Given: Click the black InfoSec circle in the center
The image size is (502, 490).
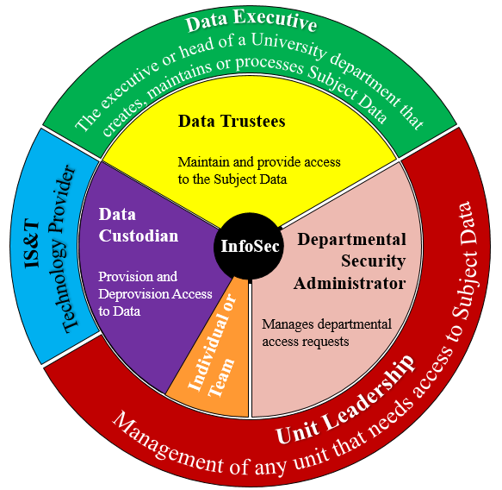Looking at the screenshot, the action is [249, 246].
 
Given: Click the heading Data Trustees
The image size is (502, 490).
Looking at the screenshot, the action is [232, 122].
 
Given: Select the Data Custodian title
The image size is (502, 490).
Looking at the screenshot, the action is [139, 225].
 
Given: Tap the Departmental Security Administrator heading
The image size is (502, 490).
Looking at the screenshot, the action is [350, 261].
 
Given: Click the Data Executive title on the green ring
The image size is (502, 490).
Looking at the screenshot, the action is [251, 20].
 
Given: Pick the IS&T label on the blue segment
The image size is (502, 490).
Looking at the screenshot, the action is [32, 244].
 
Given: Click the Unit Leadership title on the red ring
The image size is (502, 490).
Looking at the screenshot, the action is [346, 401].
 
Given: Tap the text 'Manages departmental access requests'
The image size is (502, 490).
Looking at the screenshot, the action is [326, 333].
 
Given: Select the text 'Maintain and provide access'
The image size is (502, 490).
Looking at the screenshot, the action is [259, 162].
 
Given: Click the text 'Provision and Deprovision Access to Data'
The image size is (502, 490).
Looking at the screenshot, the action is [155, 294].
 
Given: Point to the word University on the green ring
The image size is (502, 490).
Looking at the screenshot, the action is [288, 46].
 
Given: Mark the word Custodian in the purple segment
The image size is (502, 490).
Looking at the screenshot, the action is [139, 236].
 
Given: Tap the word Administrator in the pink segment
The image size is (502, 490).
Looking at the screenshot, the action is [350, 283].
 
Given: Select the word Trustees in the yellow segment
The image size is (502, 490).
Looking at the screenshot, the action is [253, 122].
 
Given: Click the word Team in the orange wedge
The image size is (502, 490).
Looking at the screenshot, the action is [222, 378].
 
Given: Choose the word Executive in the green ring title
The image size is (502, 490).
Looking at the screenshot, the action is [275, 19].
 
